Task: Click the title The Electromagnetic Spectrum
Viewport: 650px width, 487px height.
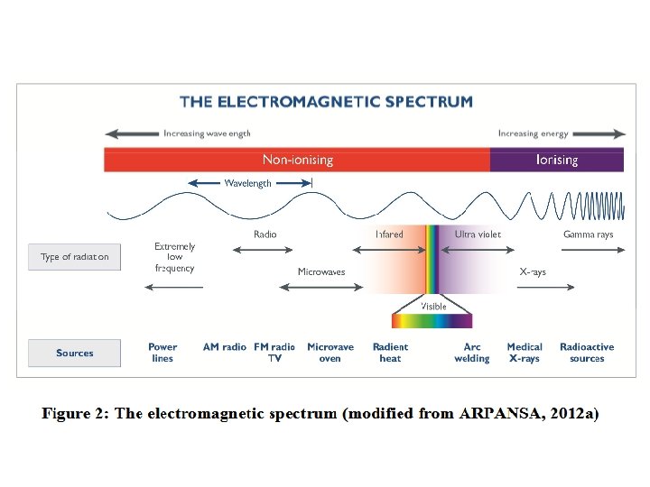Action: pos(326,101)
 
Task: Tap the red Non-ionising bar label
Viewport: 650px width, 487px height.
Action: pos(297,160)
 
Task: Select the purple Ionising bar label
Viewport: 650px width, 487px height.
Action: pos(557,160)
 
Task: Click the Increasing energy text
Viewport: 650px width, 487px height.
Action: pos(534,133)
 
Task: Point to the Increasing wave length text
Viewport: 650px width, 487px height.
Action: pos(207,133)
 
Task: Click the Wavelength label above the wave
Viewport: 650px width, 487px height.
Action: pos(247,183)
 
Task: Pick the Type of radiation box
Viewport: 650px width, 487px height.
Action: pos(74,257)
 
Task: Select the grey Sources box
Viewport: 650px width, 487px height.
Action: pos(74,353)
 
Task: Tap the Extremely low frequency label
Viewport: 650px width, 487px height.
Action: pos(174,257)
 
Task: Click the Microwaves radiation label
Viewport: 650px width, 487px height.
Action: pos(321,271)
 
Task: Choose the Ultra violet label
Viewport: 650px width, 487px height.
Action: pos(478,234)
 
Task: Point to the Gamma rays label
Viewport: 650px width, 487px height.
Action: pos(588,234)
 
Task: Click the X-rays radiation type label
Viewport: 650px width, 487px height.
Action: pos(533,271)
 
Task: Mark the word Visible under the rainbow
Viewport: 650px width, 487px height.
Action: pos(433,307)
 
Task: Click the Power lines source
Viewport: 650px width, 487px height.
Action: pos(162,353)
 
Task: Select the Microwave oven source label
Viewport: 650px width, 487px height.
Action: pos(330,353)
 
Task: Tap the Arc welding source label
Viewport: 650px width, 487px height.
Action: pos(471,353)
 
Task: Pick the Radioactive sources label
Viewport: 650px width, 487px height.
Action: pos(587,353)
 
